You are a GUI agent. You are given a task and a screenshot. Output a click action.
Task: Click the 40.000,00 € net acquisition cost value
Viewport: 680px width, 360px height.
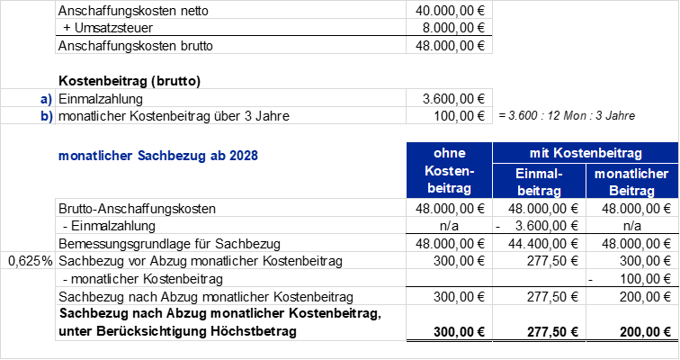450,11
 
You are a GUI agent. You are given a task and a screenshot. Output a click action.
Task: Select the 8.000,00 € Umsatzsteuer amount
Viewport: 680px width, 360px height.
453,28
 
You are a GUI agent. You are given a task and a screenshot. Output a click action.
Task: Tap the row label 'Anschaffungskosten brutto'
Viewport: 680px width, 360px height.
135,46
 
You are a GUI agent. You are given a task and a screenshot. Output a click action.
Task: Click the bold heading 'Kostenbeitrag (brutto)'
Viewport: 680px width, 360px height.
130,81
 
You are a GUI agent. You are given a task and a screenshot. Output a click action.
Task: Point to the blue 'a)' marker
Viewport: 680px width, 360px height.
46,99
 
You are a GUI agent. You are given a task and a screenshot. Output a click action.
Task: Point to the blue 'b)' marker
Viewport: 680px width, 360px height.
47,116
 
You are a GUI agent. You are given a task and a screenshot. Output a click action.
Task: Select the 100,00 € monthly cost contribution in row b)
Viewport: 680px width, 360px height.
460,116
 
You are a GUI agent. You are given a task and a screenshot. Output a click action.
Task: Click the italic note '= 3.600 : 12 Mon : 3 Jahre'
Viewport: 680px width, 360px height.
567,116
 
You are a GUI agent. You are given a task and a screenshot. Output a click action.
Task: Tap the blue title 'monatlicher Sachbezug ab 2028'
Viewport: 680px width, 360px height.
158,156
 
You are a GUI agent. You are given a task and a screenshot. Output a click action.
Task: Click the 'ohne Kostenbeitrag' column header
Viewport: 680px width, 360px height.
450,170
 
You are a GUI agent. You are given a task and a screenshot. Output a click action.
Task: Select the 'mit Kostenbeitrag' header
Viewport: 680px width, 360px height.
586,153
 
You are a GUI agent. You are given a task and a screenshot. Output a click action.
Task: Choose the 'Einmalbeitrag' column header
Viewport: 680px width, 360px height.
539,182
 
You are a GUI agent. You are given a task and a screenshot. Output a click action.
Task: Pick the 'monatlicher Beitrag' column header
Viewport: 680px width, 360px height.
631,182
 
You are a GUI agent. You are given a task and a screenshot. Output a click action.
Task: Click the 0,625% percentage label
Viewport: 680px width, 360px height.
30,261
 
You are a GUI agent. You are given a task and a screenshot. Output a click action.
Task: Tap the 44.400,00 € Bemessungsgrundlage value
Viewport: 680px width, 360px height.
543,244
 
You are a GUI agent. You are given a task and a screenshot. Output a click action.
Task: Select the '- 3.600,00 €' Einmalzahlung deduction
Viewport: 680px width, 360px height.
537,226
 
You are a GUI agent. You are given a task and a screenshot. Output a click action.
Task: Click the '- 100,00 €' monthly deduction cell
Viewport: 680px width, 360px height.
630,279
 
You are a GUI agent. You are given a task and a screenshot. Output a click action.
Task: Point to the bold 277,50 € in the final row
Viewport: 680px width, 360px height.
552,332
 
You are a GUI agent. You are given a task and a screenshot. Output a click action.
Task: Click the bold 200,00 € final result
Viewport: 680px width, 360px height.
645,332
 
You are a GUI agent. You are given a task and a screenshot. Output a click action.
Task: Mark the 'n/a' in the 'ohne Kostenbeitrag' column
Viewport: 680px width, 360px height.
449,226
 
